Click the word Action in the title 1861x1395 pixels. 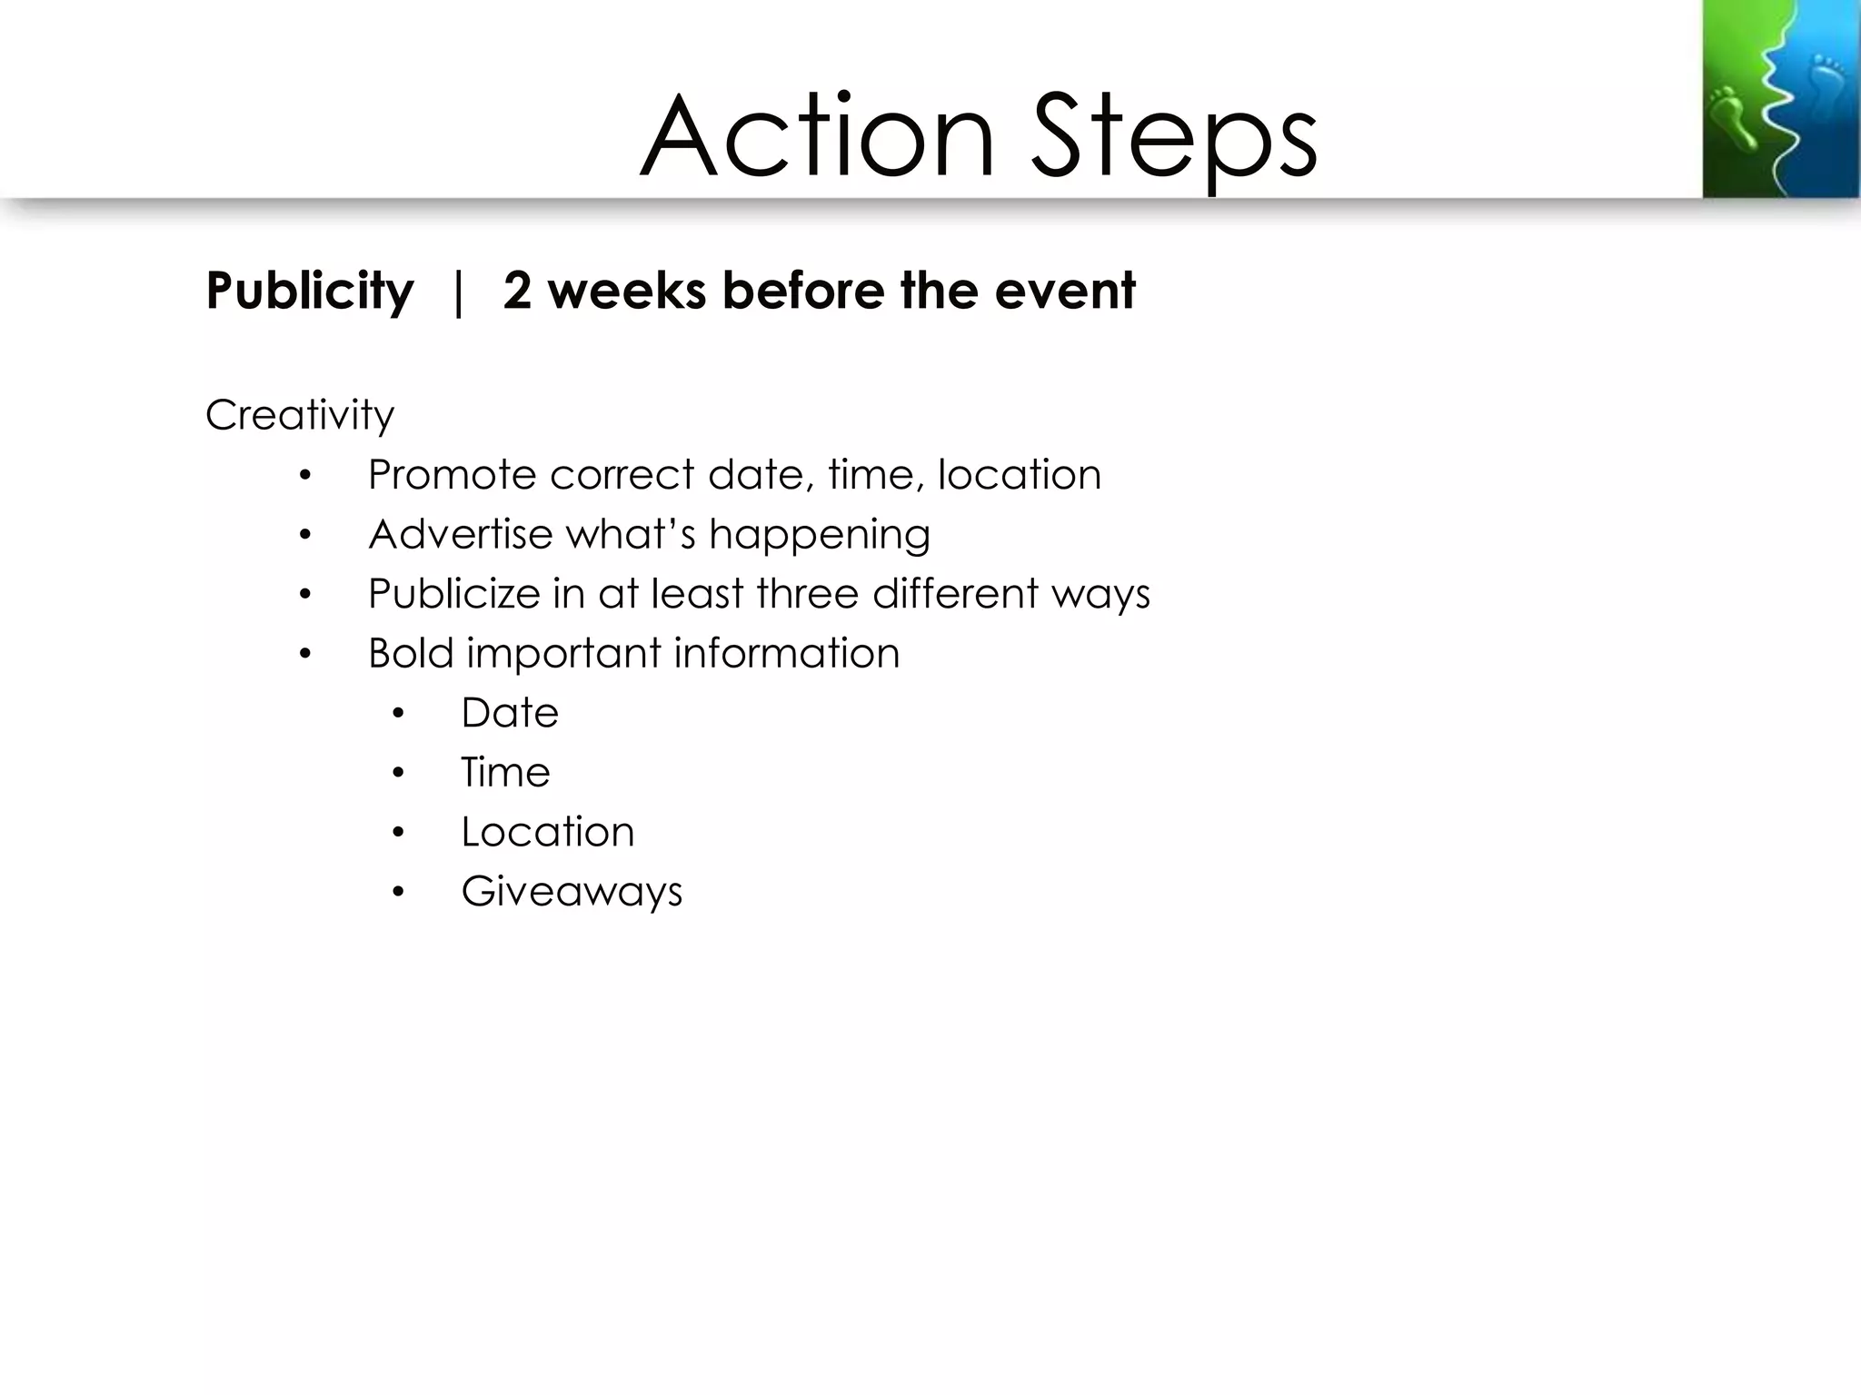[818, 136]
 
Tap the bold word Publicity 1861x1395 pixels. [309, 291]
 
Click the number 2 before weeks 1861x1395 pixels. [516, 291]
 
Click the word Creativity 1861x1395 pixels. [300, 416]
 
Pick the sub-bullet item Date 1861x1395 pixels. [509, 713]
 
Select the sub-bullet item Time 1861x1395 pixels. [505, 772]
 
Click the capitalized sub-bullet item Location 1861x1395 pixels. [547, 832]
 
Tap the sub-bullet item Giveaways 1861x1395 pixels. [572, 892]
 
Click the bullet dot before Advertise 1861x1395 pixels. [305, 536]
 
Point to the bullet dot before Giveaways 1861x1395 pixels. [398, 892]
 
